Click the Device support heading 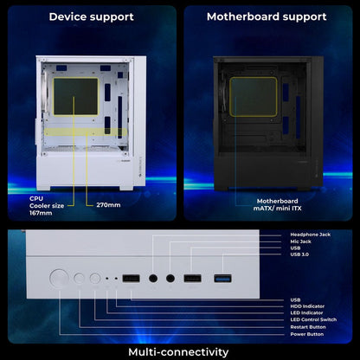(91, 16)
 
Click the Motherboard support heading (267, 16)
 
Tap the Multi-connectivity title (178, 352)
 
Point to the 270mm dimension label (108, 205)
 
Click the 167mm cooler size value (41, 213)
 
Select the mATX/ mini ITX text (277, 209)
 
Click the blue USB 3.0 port (222, 279)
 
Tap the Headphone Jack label (311, 235)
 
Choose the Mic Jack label (300, 241)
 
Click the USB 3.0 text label (299, 254)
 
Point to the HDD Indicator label (307, 306)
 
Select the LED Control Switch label (313, 319)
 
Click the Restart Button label (308, 327)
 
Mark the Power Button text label (307, 334)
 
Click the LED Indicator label (306, 313)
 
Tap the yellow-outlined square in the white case (76, 97)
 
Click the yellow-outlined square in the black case (254, 97)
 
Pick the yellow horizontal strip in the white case (86, 132)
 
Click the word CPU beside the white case (36, 199)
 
